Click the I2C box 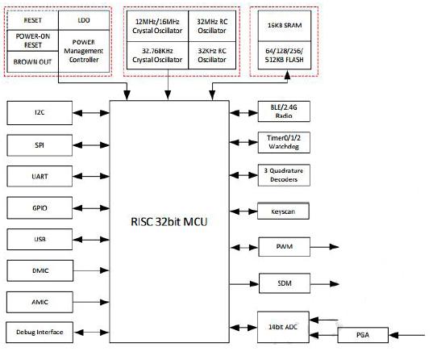click(40, 113)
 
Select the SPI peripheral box click(40, 145)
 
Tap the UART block click(40, 177)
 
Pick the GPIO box click(40, 208)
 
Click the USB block click(40, 240)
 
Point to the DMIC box click(40, 270)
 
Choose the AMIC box click(40, 302)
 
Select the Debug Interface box click(40, 333)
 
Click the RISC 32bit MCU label click(169, 222)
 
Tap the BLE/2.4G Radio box click(284, 111)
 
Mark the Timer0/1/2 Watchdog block click(284, 142)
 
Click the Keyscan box click(283, 211)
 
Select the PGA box click(363, 335)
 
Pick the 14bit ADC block click(283, 327)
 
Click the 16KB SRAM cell click(285, 26)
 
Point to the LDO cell click(84, 20)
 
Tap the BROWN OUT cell click(32, 62)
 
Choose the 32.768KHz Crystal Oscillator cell click(157, 55)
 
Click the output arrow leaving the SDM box click(325, 284)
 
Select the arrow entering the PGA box click(407, 335)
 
